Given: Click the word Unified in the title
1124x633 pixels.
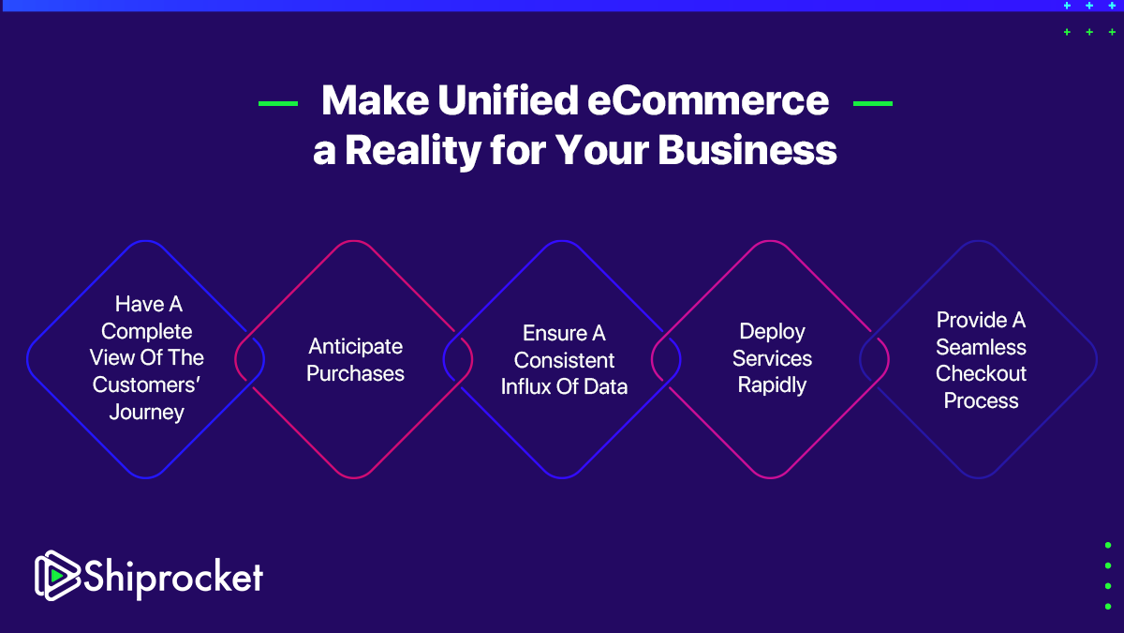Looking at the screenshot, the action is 508,100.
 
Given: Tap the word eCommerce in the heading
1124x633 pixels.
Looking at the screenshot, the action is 708,100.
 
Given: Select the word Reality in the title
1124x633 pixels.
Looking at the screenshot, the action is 413,151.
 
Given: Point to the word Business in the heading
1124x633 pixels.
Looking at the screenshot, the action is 747,150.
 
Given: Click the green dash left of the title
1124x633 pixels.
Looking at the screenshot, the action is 278,103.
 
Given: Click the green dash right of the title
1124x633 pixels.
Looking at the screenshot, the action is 873,103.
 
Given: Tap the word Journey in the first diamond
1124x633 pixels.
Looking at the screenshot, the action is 146,413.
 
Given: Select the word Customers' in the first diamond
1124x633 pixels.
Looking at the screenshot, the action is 146,384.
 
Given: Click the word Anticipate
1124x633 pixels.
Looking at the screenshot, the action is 355,347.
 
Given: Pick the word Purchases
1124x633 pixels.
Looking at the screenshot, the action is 355,373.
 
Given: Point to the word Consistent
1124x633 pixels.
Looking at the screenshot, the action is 564,360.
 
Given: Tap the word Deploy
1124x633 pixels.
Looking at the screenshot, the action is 772,332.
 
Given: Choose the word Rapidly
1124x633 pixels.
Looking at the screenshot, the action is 772,385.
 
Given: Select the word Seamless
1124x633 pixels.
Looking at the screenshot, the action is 981,347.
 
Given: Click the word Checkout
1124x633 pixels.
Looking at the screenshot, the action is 981,374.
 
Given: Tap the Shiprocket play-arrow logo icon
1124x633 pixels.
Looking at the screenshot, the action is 57,576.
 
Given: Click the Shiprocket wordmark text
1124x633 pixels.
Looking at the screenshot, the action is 173,578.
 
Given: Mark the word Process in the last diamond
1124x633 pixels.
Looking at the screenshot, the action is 981,401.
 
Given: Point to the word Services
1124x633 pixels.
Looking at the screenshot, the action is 772,358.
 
